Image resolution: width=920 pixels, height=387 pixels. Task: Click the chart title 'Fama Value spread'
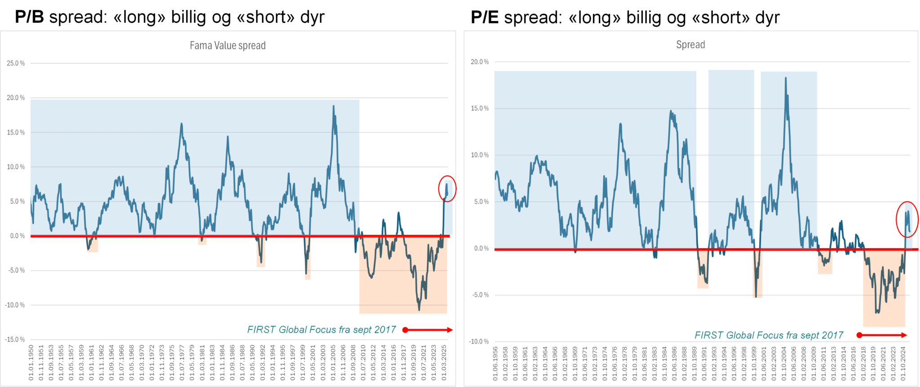[227, 45]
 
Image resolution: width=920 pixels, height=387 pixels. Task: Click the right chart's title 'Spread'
[690, 44]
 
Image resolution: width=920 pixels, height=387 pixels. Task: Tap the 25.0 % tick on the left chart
[16, 63]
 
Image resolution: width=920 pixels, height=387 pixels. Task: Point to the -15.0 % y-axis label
[15, 339]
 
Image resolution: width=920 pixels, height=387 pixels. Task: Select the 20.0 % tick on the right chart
[479, 62]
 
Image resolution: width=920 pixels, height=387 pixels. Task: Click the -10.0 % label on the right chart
[479, 342]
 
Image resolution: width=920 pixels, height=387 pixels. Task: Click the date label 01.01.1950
[31, 363]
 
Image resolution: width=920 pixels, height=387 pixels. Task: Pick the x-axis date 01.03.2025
[444, 363]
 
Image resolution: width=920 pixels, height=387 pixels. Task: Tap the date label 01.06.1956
[495, 364]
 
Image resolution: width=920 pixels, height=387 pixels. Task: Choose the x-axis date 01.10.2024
[903, 364]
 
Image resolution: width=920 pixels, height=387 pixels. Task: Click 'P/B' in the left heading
[29, 17]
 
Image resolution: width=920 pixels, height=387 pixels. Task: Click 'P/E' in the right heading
[485, 17]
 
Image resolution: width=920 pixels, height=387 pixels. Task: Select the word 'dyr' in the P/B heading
[313, 17]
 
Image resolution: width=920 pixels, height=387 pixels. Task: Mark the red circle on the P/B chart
[447, 189]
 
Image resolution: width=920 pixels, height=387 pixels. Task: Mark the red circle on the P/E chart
[907, 219]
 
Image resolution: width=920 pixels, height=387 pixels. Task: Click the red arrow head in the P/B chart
[450, 330]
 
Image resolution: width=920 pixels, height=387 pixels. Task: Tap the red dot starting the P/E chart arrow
[859, 335]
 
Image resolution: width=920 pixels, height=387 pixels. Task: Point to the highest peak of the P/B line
[333, 106]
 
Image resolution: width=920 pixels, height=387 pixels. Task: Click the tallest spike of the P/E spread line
[786, 78]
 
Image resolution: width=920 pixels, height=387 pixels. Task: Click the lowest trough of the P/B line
[419, 310]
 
